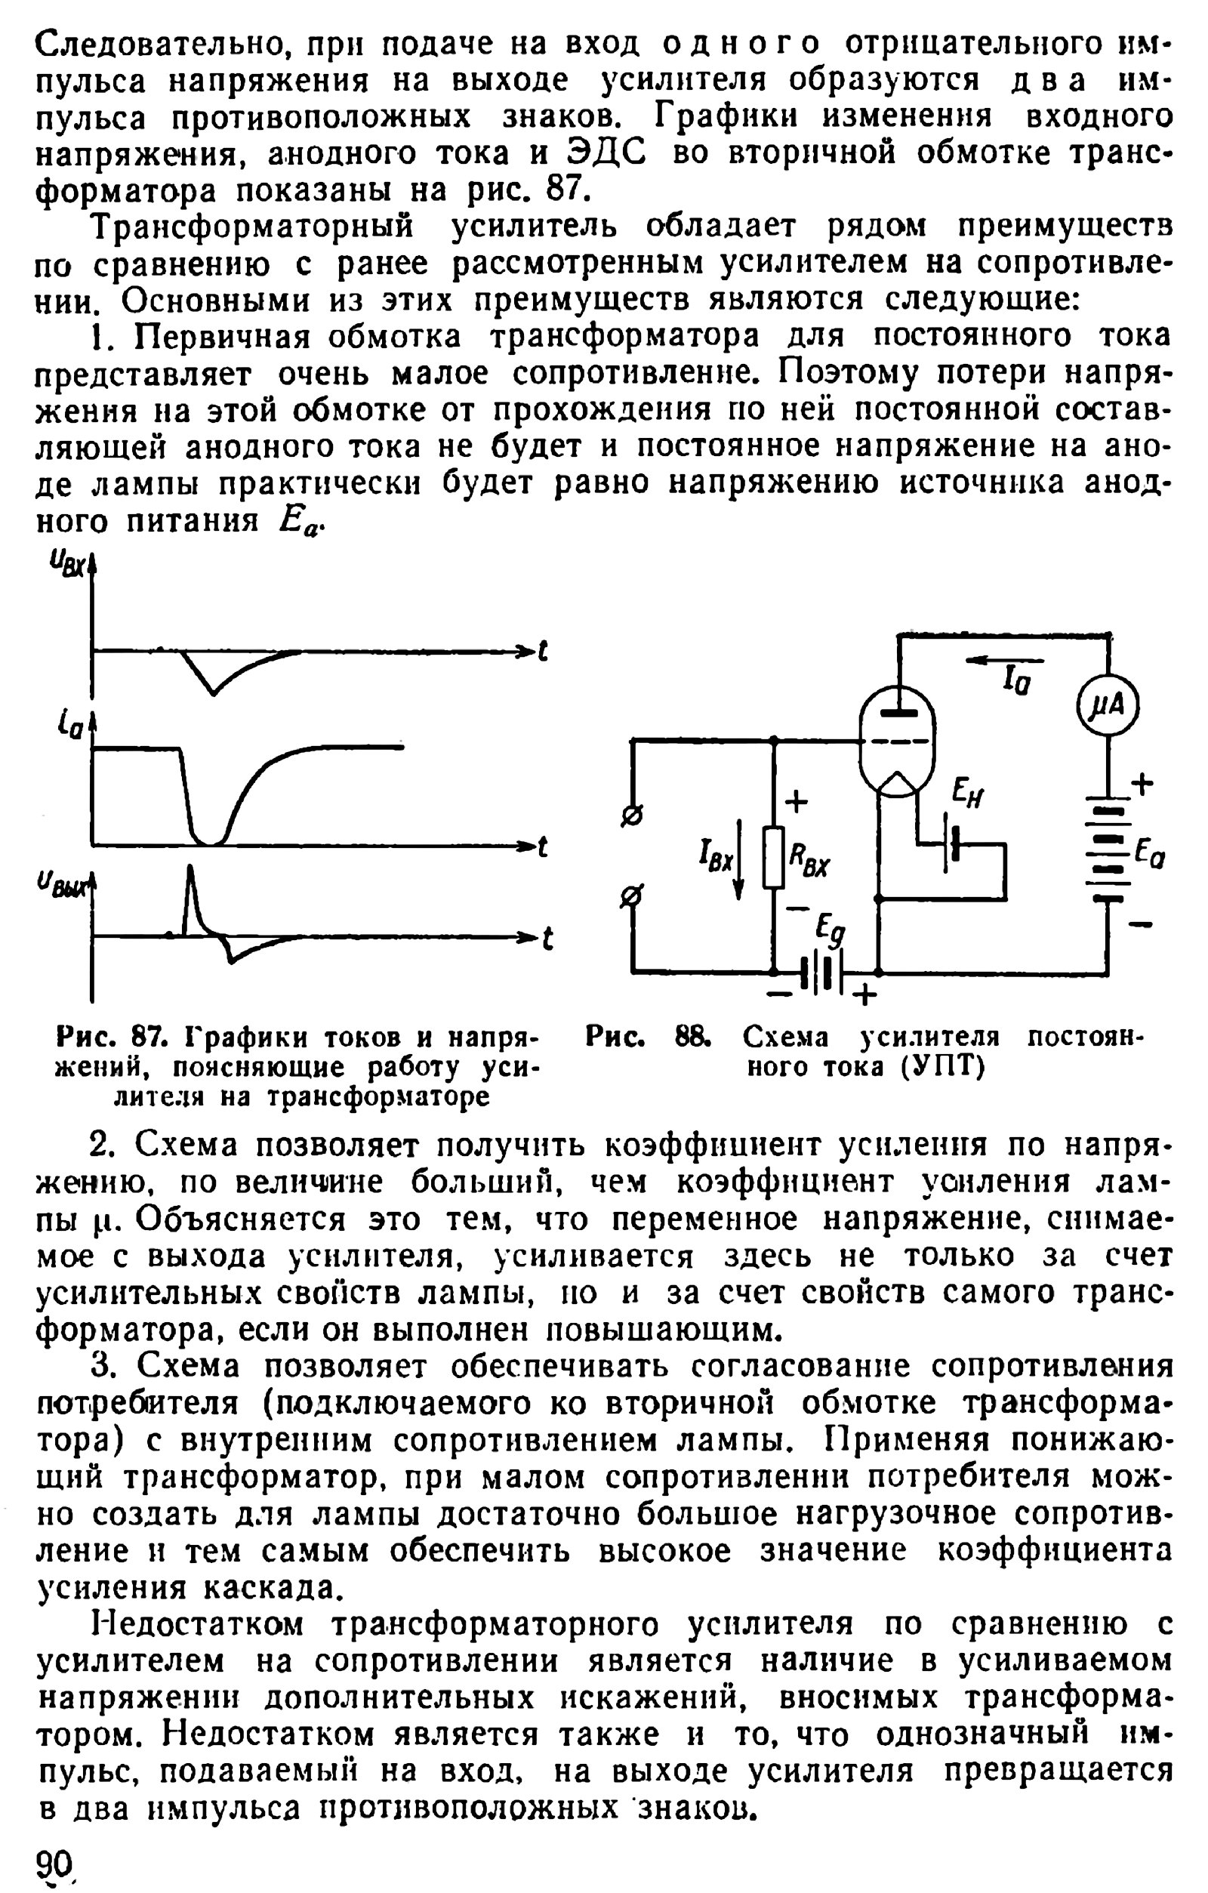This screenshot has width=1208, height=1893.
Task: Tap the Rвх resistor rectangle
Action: tap(774, 857)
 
